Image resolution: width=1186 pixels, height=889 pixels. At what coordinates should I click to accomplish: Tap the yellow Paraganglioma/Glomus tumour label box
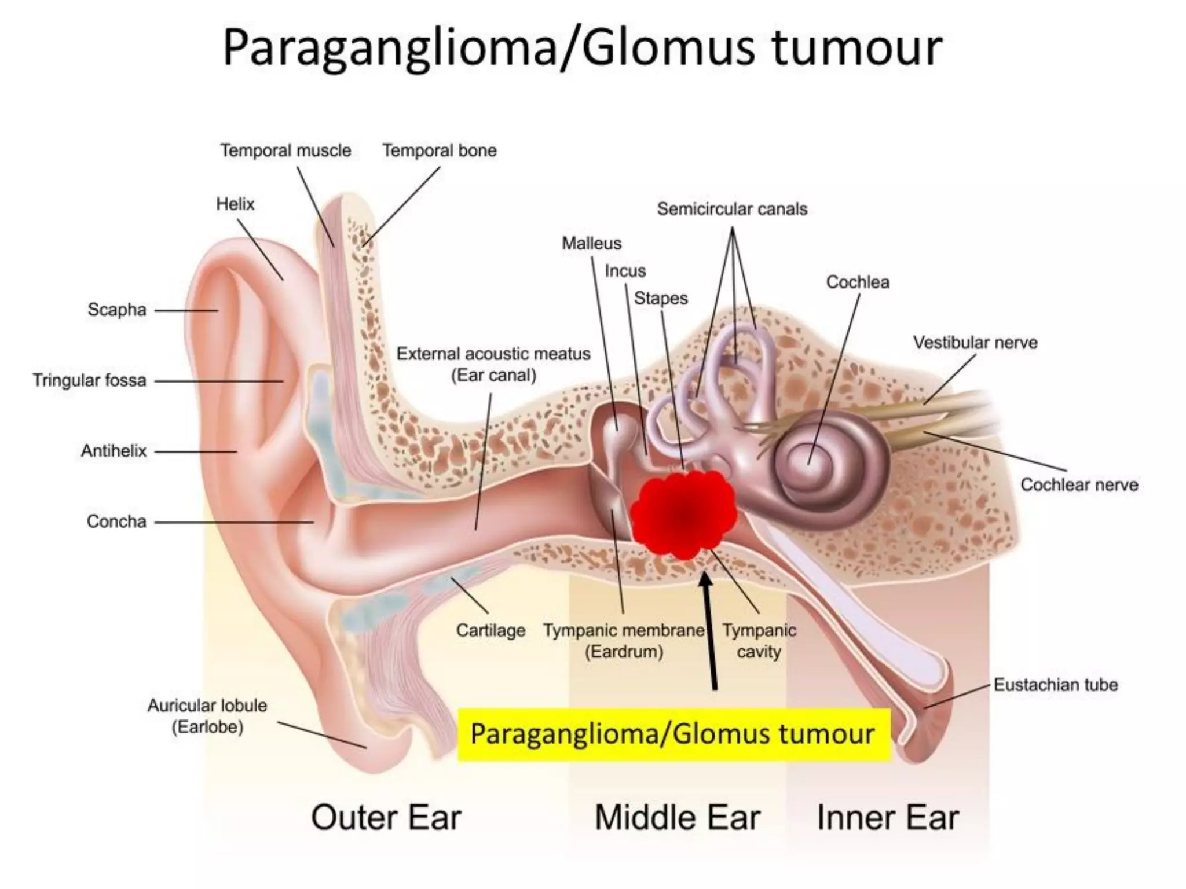click(673, 734)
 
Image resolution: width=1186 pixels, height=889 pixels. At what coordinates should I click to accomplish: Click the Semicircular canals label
click(732, 209)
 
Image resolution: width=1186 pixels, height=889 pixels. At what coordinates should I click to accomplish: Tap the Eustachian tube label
click(1055, 685)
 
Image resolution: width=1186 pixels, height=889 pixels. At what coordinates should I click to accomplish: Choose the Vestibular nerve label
click(975, 343)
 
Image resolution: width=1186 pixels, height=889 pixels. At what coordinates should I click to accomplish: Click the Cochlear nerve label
click(1079, 485)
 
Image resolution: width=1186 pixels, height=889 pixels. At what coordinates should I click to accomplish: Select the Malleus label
click(591, 243)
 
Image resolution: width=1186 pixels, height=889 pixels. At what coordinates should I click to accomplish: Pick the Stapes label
click(661, 299)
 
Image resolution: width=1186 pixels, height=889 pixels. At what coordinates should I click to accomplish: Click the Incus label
click(625, 271)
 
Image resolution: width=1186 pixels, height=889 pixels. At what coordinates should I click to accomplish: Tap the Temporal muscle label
click(285, 150)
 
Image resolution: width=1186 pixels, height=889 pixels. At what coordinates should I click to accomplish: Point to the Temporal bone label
click(439, 150)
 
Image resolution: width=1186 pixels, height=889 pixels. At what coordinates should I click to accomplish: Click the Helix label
click(235, 204)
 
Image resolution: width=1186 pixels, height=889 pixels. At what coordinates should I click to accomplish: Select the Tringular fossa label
click(89, 380)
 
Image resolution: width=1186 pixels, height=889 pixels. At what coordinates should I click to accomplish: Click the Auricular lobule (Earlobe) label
click(207, 716)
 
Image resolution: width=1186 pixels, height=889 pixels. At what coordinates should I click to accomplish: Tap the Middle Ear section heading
click(677, 818)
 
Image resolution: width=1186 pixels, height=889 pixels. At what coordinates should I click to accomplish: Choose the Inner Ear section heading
click(887, 818)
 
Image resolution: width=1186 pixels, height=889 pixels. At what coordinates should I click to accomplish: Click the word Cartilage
click(490, 630)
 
